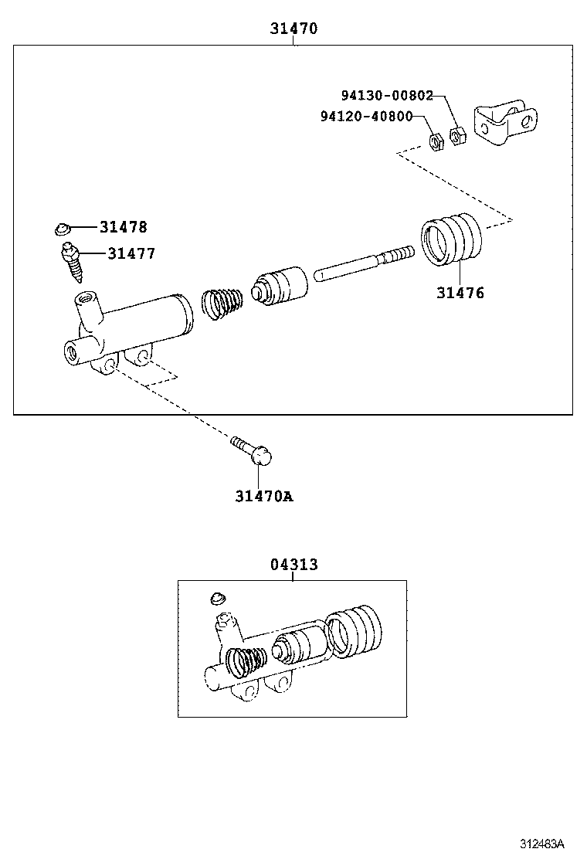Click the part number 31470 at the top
(293, 29)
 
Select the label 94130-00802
(387, 95)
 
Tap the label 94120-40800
(365, 116)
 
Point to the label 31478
(123, 227)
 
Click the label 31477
(131, 253)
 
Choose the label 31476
(460, 293)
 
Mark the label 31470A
(264, 496)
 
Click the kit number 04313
(293, 565)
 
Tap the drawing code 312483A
(541, 843)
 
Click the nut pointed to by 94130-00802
(457, 138)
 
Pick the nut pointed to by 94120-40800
(435, 142)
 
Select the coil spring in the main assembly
(222, 302)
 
